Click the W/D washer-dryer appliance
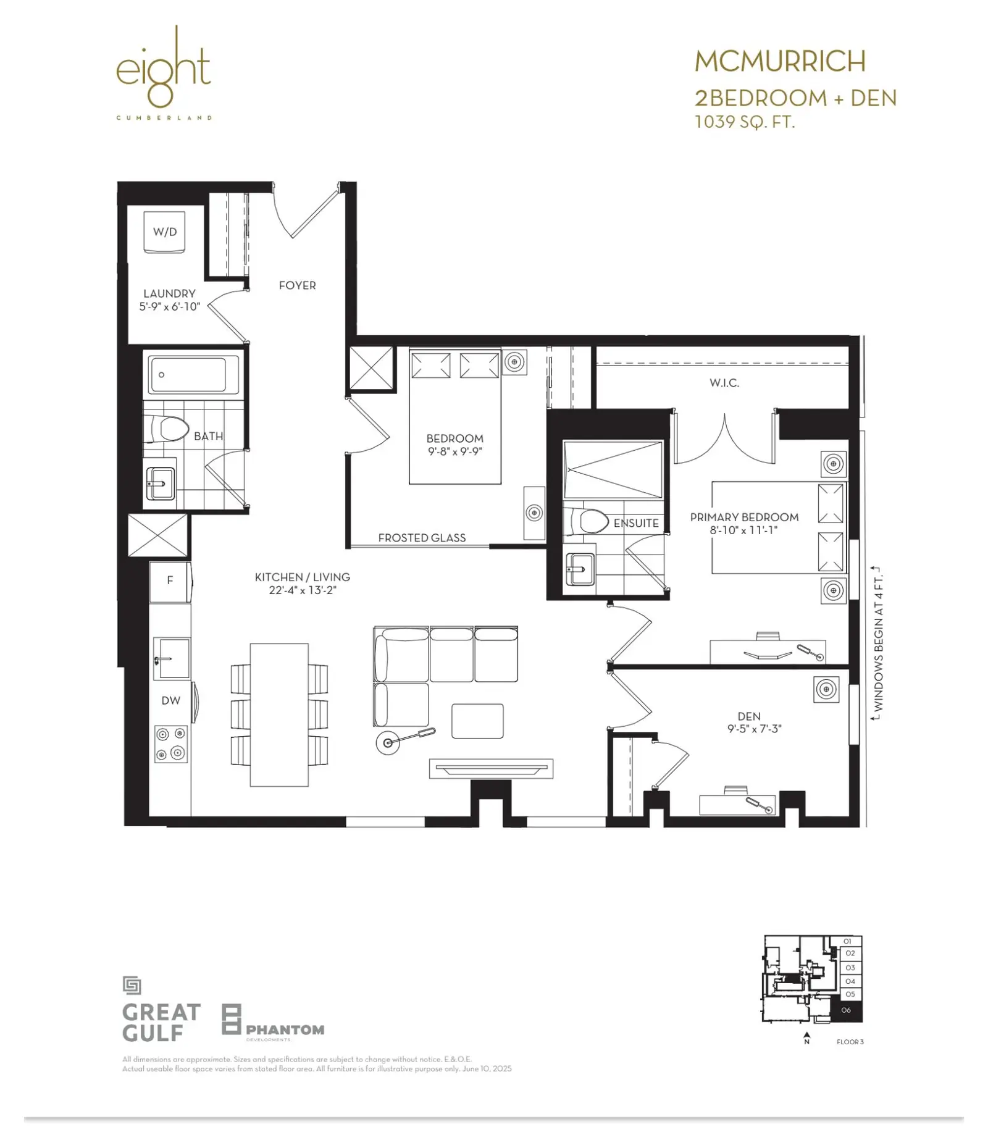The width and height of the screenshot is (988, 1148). pos(165,232)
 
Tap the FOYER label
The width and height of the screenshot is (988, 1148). pos(297,285)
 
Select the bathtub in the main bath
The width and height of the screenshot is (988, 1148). pos(195,374)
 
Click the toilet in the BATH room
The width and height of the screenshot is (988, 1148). pos(166,429)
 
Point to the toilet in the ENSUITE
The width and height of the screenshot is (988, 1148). pos(585,521)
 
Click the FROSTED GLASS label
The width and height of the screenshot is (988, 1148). pos(422,538)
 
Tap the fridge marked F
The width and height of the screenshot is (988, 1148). pos(170,581)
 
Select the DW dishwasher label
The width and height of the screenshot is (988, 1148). pos(171,700)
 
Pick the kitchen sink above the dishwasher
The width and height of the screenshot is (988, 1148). pos(171,658)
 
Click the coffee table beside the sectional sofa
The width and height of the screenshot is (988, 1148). pos(477,721)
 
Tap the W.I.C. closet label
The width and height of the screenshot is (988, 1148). pos(724,383)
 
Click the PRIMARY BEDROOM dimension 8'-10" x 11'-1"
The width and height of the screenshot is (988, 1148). pos(744,530)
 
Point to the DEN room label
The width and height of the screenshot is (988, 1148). pos(749,716)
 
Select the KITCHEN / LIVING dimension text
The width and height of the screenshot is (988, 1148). pos(303,590)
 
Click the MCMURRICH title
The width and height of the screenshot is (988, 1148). pos(781,61)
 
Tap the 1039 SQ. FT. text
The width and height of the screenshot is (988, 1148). pos(745,122)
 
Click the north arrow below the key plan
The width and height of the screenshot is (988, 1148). pos(806,1038)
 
